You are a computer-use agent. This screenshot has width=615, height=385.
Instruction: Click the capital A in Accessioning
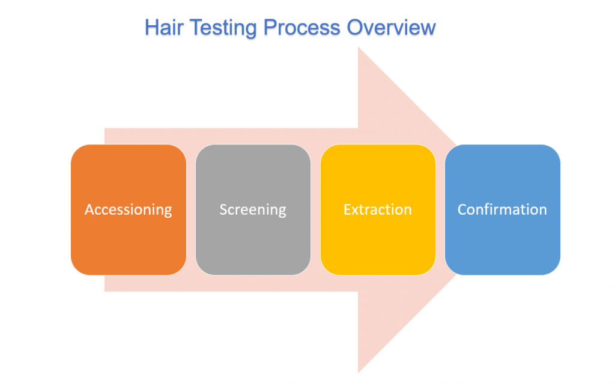[x=90, y=209]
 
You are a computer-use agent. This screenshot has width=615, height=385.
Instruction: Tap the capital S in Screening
[x=223, y=209]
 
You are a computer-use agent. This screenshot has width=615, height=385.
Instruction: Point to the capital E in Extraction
[x=347, y=209]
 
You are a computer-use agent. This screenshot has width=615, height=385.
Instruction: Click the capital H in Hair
[x=151, y=28]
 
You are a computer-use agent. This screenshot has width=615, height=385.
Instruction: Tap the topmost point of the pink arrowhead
[x=359, y=48]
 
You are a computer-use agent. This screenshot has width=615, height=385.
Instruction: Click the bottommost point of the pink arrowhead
[x=359, y=372]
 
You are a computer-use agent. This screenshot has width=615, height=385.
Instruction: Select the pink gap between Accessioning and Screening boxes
[x=191, y=209]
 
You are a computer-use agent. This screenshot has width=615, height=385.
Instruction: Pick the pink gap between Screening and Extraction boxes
[x=316, y=209]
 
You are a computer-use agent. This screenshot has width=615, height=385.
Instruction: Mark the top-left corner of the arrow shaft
[x=105, y=129]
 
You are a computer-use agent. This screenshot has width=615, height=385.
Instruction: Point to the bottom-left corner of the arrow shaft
[x=105, y=291]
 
